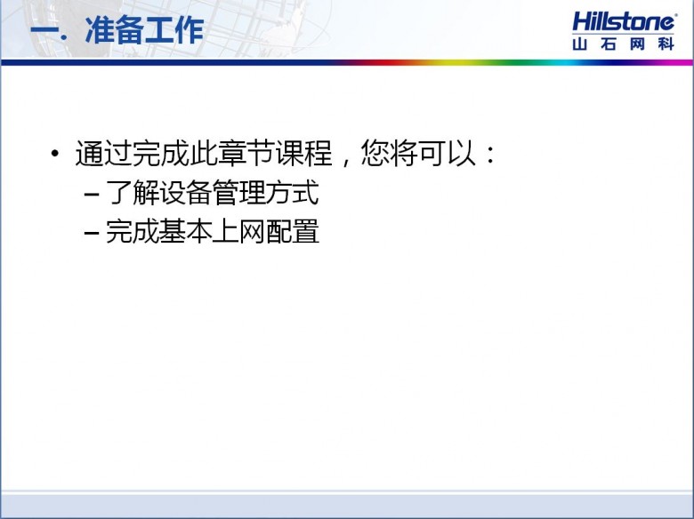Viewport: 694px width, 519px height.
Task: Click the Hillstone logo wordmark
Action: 624,21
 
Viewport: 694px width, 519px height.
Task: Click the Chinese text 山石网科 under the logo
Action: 623,44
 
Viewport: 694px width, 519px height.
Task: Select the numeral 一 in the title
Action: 44,32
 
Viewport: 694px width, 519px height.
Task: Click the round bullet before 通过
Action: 55,154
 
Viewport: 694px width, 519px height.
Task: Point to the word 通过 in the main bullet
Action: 103,154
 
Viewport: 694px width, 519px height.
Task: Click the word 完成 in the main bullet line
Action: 161,154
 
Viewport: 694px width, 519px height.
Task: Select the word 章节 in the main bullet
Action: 246,154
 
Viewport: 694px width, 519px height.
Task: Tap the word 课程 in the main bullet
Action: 303,154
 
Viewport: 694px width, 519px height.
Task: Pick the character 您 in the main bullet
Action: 375,154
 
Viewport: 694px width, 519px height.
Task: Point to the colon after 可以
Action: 490,155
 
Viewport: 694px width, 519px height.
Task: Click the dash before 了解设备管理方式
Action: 92,195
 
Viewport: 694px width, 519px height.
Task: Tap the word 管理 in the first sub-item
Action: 239,193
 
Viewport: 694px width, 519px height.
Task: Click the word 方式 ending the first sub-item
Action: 292,193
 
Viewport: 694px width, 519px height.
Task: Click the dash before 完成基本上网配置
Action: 92,233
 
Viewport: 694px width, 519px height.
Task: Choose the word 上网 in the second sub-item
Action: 239,231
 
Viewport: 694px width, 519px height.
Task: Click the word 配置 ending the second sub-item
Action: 292,231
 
